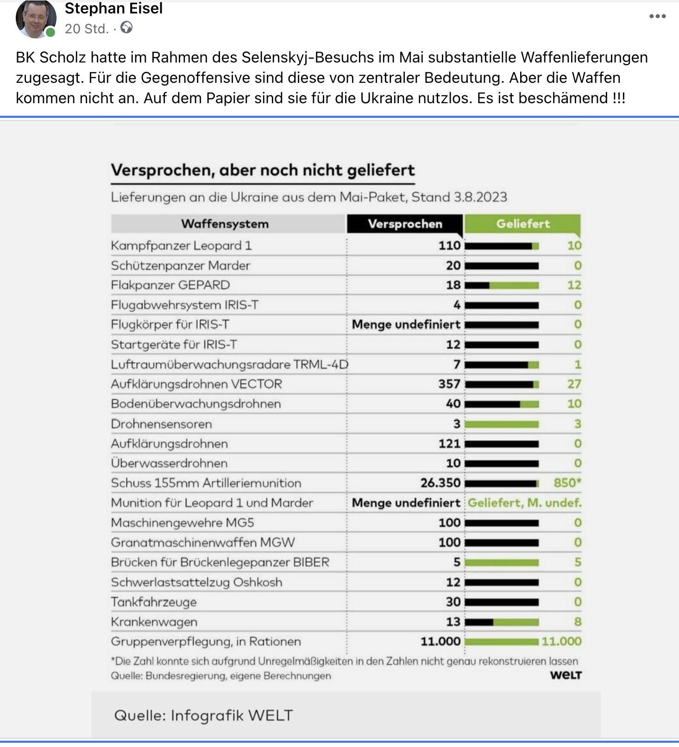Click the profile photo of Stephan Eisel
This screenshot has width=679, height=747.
35,19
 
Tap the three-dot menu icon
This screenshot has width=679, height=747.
657,16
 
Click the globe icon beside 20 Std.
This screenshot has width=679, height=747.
126,28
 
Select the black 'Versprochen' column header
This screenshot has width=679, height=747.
405,224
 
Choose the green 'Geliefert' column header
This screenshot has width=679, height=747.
522,224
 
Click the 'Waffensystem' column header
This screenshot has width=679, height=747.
225,224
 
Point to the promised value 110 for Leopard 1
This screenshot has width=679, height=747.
450,245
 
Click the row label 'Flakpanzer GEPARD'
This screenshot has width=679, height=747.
170,285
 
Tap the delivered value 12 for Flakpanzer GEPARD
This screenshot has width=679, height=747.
574,285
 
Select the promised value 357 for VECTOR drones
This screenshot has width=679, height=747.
449,384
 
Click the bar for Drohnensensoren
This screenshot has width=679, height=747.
502,424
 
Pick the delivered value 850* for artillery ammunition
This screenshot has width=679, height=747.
567,483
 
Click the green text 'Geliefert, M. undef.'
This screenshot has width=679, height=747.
524,503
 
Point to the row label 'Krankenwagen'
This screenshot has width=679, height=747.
154,622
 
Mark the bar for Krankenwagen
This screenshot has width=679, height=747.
502,622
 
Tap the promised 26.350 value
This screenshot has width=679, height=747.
440,483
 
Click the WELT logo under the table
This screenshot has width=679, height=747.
566,675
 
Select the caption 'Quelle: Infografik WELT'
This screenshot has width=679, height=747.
203,716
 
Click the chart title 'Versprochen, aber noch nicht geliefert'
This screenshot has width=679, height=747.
263,170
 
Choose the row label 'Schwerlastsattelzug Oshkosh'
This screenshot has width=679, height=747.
196,582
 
